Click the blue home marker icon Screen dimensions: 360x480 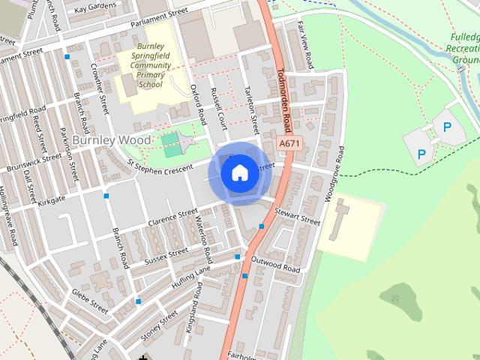(239, 173)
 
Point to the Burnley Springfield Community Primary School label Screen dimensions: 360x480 (150, 64)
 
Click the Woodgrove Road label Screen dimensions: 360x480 (333, 173)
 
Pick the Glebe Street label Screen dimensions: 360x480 (89, 300)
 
